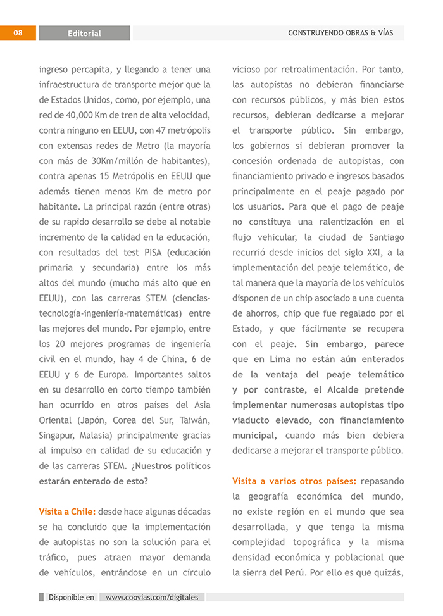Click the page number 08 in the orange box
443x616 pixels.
pos(17,33)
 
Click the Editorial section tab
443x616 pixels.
pos(84,34)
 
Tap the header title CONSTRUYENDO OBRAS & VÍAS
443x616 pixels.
pos(340,33)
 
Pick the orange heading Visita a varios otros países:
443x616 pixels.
pos(294,481)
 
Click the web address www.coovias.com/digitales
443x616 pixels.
pos(152,597)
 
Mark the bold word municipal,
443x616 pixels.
pos(254,435)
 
